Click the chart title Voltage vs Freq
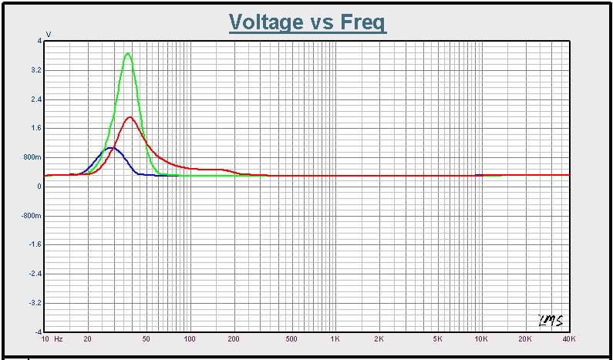(308, 22)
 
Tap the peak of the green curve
(128, 53)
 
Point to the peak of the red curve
(130, 117)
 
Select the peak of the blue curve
(111, 147)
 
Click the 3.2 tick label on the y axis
(35, 70)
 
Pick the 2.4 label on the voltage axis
(35, 99)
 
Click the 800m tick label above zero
(33, 157)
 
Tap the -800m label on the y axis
(32, 216)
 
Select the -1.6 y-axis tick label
(35, 244)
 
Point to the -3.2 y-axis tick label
(35, 303)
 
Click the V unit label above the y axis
(49, 34)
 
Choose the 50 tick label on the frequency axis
(147, 338)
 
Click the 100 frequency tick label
(190, 338)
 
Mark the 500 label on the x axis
(291, 338)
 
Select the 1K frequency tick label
(335, 338)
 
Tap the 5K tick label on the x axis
(437, 338)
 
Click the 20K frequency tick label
(525, 338)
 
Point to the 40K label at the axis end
(568, 338)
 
